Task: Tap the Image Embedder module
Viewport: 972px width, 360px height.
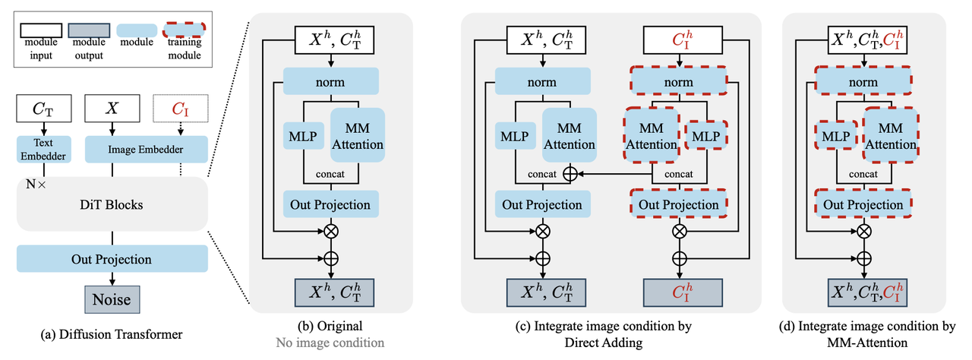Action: [x=146, y=149]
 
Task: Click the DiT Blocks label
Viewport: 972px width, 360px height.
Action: [x=112, y=205]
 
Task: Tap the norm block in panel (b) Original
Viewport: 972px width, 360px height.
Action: [x=330, y=81]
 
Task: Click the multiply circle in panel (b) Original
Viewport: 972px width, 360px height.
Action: [x=330, y=230]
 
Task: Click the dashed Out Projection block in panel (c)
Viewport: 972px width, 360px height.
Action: [x=679, y=204]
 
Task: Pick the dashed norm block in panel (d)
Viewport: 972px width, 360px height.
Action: [x=863, y=81]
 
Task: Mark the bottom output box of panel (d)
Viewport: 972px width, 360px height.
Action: [x=863, y=292]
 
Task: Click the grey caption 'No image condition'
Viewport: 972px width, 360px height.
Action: [x=330, y=343]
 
